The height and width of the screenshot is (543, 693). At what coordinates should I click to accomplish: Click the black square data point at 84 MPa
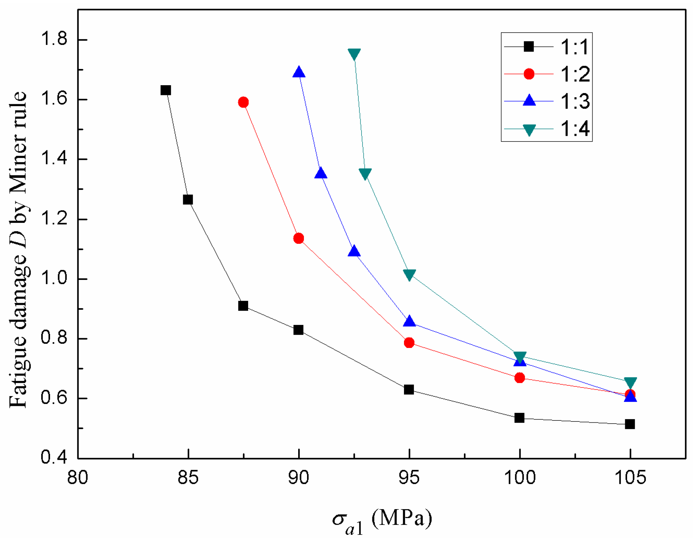(165, 90)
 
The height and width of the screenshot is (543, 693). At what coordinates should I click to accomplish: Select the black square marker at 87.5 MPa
(243, 306)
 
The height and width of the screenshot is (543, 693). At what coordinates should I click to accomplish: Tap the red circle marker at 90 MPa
(298, 238)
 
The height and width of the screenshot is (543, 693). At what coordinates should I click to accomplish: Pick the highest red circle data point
(243, 102)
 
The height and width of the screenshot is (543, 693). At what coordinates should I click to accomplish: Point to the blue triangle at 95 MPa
(409, 322)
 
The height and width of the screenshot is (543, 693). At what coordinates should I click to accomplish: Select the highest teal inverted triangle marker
(354, 54)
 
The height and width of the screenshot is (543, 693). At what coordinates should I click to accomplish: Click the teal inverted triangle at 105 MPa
(630, 382)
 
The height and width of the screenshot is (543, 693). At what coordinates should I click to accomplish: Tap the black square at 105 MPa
(630, 424)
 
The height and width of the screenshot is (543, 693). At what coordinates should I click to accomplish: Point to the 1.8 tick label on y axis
(54, 40)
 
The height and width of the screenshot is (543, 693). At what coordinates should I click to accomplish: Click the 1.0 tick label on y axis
(54, 279)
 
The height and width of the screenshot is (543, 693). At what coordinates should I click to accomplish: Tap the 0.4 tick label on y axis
(54, 458)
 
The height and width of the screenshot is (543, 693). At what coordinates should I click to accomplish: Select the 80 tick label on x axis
(77, 478)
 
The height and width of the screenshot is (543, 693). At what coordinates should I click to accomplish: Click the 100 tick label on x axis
(520, 478)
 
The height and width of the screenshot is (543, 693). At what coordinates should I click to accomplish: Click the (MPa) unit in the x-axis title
(401, 518)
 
